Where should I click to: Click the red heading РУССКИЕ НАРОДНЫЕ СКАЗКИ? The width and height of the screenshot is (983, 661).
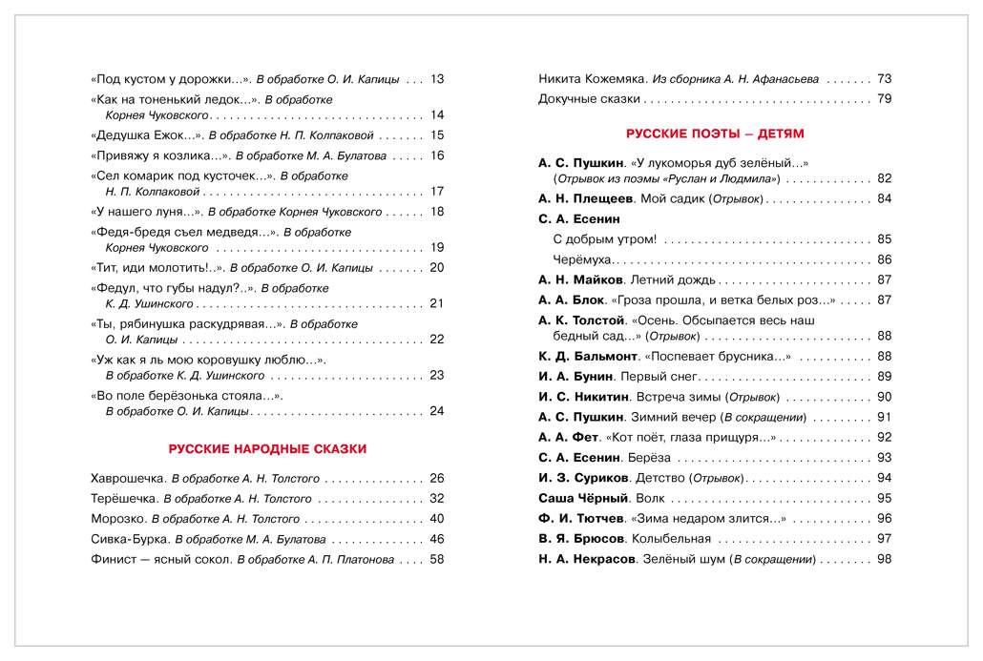(267, 448)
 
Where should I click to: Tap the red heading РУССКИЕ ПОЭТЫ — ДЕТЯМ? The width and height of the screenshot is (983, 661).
(715, 133)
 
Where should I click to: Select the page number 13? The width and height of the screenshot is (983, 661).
(438, 79)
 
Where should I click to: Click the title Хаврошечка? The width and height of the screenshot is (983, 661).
(126, 479)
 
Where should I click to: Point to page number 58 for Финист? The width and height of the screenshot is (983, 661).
(438, 560)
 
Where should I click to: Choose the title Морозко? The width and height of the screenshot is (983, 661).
(117, 519)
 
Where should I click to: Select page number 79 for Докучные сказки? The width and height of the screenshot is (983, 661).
(884, 98)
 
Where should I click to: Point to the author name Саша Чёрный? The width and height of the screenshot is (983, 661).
(583, 498)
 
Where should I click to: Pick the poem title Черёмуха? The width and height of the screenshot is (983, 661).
(582, 259)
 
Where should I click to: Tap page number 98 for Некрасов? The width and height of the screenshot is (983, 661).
(884, 559)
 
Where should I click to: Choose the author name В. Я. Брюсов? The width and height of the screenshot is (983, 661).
(578, 539)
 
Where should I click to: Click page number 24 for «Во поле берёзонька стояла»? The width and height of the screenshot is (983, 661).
(438, 412)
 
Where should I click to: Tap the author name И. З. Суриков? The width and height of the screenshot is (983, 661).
(583, 478)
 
